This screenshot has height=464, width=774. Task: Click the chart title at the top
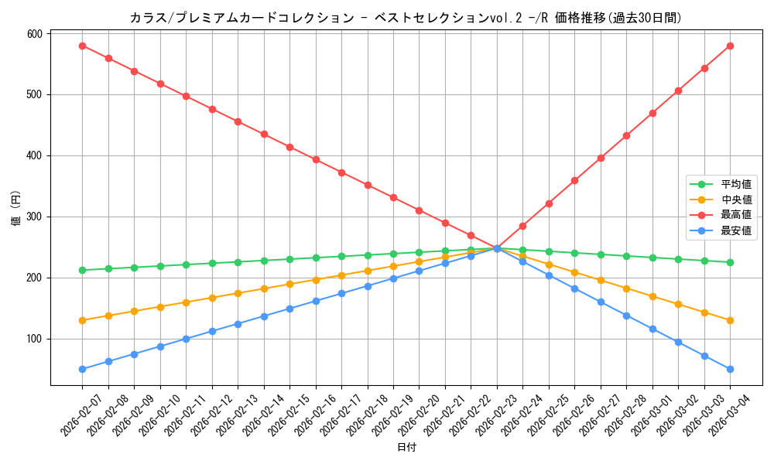(406, 18)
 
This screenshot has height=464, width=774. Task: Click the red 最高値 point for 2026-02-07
(82, 46)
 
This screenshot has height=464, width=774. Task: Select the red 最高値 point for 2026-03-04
(730, 46)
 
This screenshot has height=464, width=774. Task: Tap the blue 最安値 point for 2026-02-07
(82, 369)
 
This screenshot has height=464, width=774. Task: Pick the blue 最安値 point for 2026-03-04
(730, 369)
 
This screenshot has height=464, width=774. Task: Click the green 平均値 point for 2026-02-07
(82, 270)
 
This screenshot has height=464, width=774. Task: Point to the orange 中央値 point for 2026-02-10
(160, 307)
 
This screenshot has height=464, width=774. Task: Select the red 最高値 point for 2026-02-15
(289, 147)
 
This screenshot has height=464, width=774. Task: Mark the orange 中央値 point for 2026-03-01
(652, 296)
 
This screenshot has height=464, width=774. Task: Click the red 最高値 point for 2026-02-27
(601, 158)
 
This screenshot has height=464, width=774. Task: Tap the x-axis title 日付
(406, 448)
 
